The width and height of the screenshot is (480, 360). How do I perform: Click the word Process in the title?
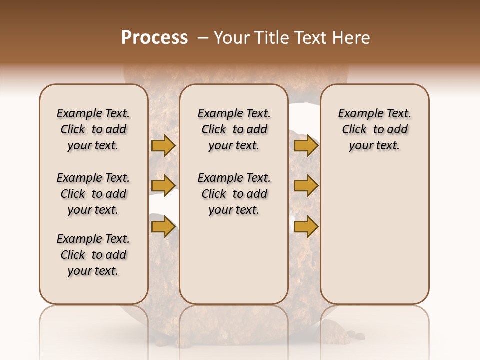click(x=154, y=38)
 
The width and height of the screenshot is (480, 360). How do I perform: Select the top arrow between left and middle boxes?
click(x=163, y=145)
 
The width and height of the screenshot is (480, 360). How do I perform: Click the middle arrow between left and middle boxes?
click(x=163, y=186)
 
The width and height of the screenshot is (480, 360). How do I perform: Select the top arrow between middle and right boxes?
click(x=306, y=145)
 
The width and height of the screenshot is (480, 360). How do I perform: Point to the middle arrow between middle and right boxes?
click(x=306, y=186)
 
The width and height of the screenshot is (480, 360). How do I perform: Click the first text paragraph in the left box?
click(x=93, y=129)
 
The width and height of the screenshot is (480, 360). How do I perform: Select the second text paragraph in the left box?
click(x=93, y=194)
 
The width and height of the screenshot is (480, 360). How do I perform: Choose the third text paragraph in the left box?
click(x=93, y=255)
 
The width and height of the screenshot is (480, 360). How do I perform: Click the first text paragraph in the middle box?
click(x=234, y=129)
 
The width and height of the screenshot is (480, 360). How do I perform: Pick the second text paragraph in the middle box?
click(x=234, y=194)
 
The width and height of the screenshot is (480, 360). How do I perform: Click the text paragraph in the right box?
click(x=374, y=129)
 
